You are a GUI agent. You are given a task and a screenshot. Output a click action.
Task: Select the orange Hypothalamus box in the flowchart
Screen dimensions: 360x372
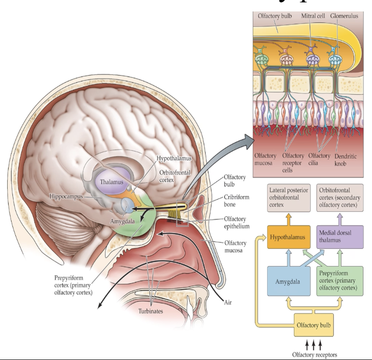(286, 236)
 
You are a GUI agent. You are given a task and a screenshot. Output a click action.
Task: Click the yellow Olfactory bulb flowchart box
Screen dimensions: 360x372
(312, 325)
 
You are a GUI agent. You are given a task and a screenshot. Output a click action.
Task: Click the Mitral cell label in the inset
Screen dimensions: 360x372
(312, 16)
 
